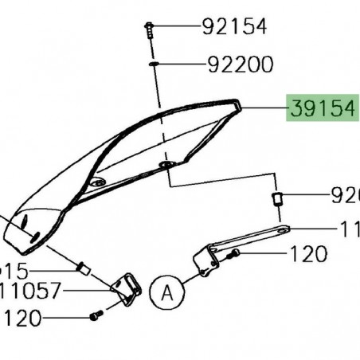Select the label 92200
click(x=241, y=64)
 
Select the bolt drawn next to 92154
click(x=150, y=29)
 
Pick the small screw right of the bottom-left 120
click(x=94, y=316)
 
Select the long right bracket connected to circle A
click(x=239, y=243)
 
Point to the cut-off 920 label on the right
click(x=346, y=195)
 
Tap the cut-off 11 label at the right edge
click(x=349, y=229)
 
